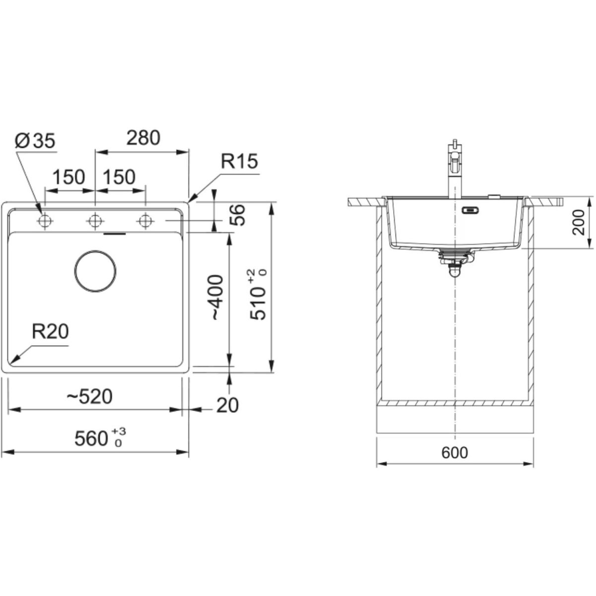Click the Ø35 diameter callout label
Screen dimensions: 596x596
pyautogui.click(x=35, y=141)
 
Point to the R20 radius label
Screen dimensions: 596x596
pyautogui.click(x=50, y=332)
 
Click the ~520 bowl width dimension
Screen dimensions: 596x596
pyautogui.click(x=90, y=397)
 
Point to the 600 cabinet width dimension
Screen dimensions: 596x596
pyautogui.click(x=454, y=453)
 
